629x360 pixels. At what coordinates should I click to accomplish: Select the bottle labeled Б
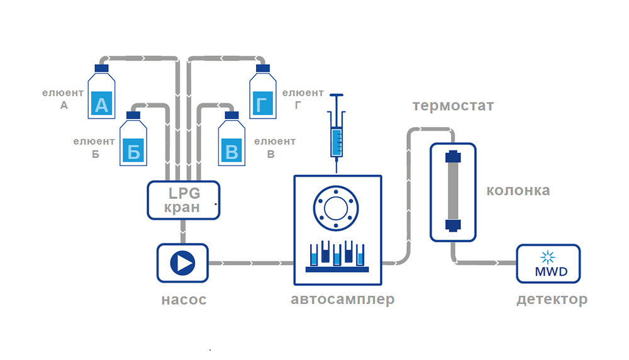133,142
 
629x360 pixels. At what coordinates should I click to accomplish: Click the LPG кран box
184,200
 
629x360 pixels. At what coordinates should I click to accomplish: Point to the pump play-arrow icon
182,262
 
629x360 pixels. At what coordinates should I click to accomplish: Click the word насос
184,300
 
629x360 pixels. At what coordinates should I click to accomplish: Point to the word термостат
453,106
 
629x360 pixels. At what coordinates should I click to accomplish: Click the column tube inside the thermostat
453,191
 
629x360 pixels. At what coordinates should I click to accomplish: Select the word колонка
519,191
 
